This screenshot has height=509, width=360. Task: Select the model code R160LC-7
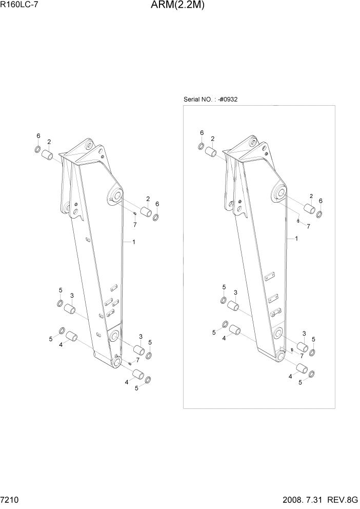(x=21, y=7)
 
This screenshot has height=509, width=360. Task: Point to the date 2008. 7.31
(x=306, y=500)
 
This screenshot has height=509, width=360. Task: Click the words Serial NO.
(x=196, y=99)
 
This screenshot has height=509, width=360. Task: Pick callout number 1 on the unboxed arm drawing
(x=133, y=241)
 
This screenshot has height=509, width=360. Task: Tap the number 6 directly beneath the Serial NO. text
(x=202, y=133)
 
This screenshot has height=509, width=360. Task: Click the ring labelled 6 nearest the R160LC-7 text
(x=37, y=149)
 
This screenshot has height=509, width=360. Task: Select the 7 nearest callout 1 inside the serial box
(x=308, y=226)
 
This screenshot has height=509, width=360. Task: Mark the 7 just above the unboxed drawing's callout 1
(x=134, y=224)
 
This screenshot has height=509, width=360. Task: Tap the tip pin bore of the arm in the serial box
(x=281, y=356)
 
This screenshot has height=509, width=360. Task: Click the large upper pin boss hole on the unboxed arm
(x=115, y=195)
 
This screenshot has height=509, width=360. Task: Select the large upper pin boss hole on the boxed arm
(x=279, y=193)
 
